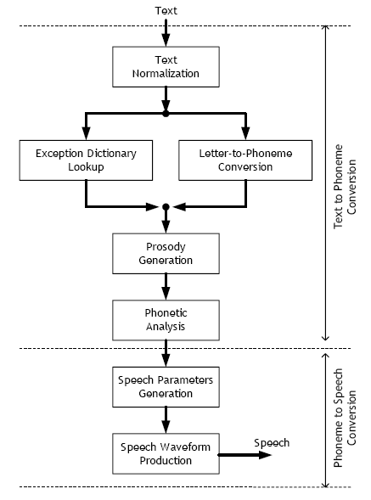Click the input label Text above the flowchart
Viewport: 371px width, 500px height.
pos(166,11)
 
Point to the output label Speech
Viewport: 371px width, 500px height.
pos(272,443)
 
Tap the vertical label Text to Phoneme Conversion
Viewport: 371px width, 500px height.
pos(345,187)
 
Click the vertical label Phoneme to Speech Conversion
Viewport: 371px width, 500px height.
pos(345,418)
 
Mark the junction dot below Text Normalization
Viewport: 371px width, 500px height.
pos(166,113)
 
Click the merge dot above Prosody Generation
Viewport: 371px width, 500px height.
pos(166,207)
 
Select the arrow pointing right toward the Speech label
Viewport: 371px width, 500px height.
pos(245,455)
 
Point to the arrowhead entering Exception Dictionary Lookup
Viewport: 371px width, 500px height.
pos(86,133)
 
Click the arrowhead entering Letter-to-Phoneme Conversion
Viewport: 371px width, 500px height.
pos(245,133)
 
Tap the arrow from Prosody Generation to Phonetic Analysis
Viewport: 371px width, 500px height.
pos(166,287)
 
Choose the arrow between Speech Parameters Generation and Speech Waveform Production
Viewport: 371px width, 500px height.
pos(166,420)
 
